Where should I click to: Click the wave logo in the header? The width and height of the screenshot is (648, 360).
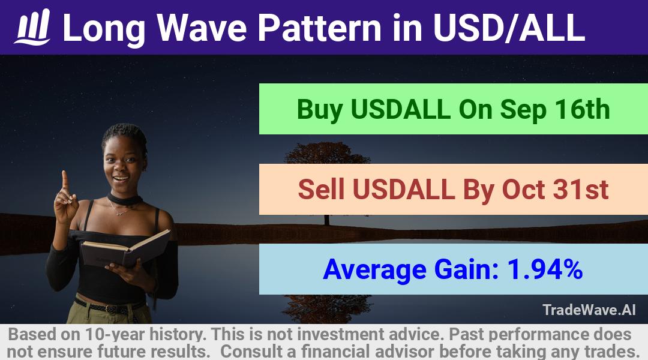32,27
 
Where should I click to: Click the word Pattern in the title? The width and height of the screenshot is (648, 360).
319,28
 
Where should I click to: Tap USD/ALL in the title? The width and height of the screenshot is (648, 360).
509,28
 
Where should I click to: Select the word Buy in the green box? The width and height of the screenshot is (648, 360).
319,110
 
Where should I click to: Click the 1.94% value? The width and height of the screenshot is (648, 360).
545,269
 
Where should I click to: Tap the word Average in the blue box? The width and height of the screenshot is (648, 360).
375,270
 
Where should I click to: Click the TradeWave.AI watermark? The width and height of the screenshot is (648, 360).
589,310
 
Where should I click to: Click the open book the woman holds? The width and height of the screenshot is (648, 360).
125,249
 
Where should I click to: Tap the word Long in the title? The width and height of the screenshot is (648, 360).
104,29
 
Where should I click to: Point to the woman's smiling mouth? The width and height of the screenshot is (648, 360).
121,179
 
